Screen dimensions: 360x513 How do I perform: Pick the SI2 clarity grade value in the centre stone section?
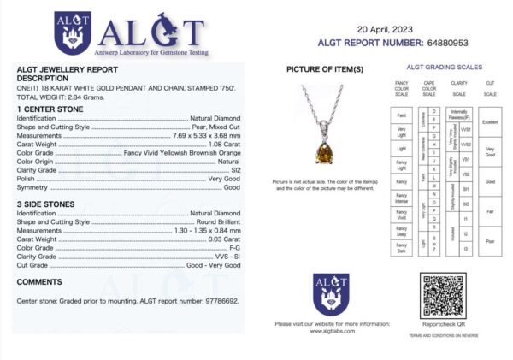(233, 170)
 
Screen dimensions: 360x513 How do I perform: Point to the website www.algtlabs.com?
(331, 332)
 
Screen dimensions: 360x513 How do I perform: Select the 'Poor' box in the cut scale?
(490, 241)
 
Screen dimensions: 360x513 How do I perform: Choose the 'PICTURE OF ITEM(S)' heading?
(325, 68)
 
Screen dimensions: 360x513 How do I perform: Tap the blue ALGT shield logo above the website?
(331, 293)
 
